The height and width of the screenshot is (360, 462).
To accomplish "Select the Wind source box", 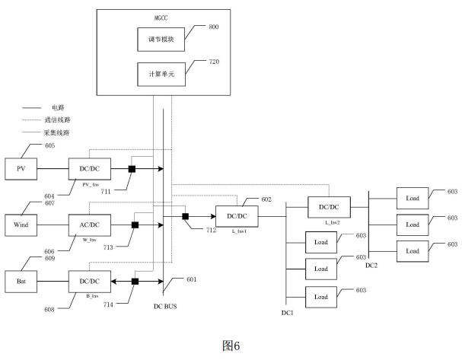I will point(21,225).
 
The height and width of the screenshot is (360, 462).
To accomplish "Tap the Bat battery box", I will point(21,281).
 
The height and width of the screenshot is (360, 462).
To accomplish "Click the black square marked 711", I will point(132,168).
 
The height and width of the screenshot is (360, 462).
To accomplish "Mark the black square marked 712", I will point(186,217).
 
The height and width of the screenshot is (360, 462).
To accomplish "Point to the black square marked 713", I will point(135,225).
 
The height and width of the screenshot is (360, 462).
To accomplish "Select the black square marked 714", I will point(134,281).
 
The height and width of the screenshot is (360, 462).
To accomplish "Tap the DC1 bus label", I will point(286,313).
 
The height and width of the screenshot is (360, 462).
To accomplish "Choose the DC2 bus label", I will point(371,266).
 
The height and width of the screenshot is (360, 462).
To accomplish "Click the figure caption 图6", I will point(231,346).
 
